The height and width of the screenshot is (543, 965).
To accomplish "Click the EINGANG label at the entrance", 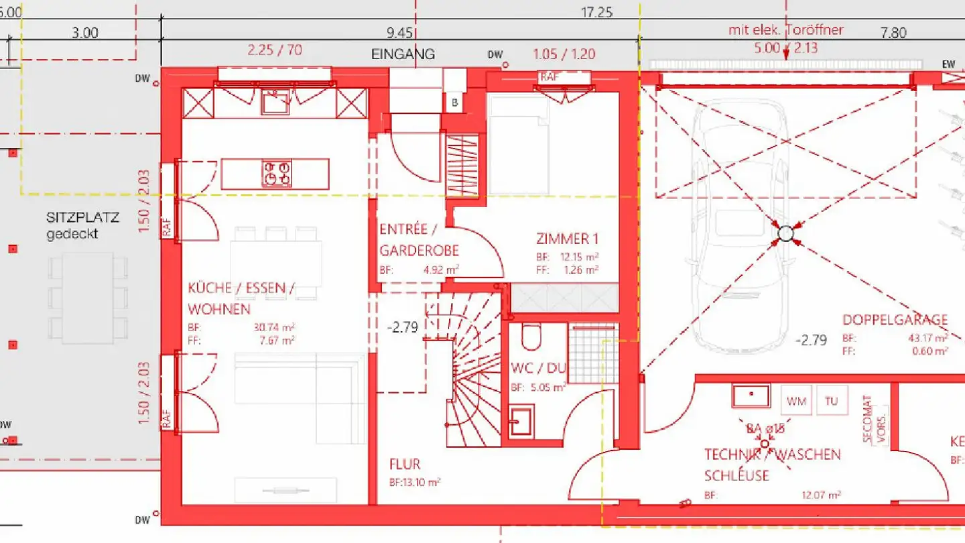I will point(403,54).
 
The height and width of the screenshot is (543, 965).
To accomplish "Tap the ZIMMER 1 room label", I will point(567,239).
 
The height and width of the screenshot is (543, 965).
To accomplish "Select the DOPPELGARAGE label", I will point(895,320).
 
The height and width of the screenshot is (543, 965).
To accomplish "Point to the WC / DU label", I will point(538,368).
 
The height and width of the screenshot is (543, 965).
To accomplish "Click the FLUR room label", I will point(405,465).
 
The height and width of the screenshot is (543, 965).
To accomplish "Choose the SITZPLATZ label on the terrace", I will point(82,218).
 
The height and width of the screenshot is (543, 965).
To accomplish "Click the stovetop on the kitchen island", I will point(277,173).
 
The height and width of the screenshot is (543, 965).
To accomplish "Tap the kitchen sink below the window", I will point(275,102).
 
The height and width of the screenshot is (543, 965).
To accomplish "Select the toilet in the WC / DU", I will point(530,337).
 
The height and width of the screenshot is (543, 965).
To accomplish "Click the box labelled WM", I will point(796,401).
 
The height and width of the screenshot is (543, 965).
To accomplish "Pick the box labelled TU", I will point(832,401).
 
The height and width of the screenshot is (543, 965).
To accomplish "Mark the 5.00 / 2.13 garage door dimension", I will point(785,48).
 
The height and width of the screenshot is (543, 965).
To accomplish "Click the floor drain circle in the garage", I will point(785,234).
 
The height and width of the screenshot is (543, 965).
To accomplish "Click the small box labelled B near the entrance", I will point(454,103).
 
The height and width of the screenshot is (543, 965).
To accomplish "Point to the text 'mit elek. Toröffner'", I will point(785,29).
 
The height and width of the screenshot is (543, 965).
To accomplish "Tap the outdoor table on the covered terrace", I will point(88,297).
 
